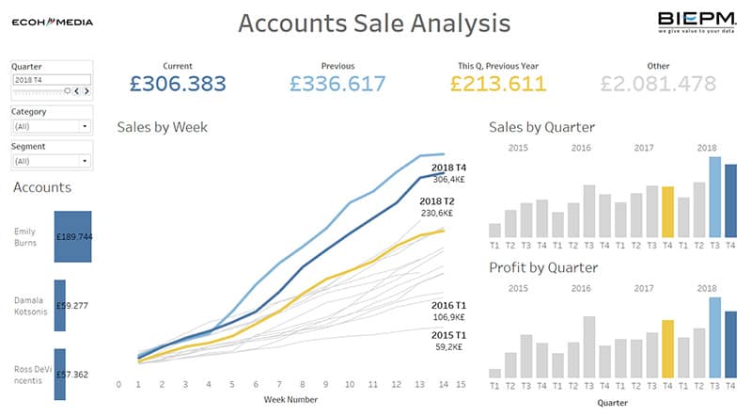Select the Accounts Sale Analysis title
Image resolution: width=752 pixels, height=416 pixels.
pyautogui.click(x=374, y=23)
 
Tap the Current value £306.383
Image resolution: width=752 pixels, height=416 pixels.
pyautogui.click(x=178, y=84)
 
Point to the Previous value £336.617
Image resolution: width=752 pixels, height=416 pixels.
pyautogui.click(x=337, y=84)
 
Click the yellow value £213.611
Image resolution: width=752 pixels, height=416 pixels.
pyautogui.click(x=498, y=84)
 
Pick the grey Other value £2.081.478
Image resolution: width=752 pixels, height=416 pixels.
pyautogui.click(x=658, y=84)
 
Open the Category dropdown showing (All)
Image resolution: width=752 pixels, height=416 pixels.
pyautogui.click(x=51, y=125)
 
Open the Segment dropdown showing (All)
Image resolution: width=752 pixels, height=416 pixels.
pyautogui.click(x=51, y=161)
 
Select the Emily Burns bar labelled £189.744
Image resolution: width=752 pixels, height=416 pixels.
pyautogui.click(x=72, y=236)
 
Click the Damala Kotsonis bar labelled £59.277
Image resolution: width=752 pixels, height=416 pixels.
pyautogui.click(x=60, y=305)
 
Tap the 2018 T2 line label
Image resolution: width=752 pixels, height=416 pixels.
pyautogui.click(x=437, y=201)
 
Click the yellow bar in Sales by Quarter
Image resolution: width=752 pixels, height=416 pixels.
pyautogui.click(x=667, y=211)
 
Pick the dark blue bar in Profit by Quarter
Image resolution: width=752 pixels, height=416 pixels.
pyautogui.click(x=730, y=344)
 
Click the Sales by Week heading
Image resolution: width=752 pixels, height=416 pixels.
pyautogui.click(x=163, y=127)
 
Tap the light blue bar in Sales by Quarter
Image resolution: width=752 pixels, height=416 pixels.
pyautogui.click(x=714, y=197)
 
